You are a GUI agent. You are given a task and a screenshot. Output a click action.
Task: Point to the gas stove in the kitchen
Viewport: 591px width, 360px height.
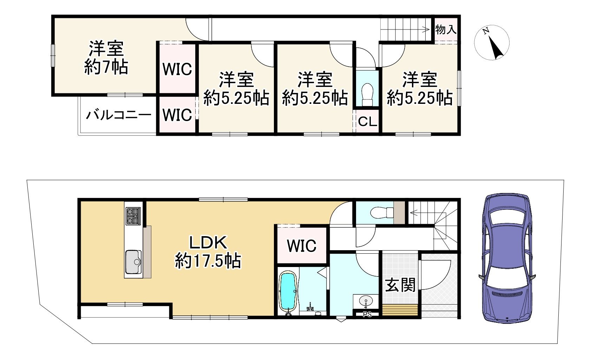pos(133,216)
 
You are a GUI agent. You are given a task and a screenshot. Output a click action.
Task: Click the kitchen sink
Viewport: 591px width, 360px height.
pos(133,262)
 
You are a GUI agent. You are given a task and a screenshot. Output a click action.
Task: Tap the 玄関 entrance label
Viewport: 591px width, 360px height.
pos(400,285)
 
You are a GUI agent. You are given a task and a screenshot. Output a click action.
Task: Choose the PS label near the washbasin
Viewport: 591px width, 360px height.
pos(367,315)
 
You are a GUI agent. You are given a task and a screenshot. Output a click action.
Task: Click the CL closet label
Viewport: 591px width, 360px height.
pos(367,122)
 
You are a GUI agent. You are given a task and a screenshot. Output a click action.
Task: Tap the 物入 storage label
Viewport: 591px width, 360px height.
pos(446,29)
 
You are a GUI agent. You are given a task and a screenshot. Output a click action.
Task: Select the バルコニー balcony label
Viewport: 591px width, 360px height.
pos(119,115)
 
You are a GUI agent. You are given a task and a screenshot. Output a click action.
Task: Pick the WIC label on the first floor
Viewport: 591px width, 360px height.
pos(302,246)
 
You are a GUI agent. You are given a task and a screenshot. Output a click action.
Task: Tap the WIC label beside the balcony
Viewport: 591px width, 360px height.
pos(177,115)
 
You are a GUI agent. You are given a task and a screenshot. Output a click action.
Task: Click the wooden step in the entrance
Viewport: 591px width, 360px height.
pos(400,310)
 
